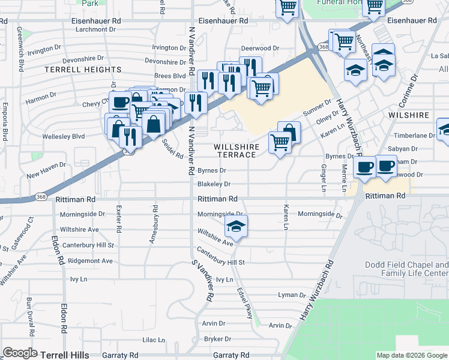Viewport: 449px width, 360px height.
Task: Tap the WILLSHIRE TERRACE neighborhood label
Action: point(237,151)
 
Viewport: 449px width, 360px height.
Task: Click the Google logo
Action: point(20,353)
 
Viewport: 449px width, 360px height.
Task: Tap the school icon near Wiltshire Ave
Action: point(237,227)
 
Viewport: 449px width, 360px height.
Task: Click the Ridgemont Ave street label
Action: point(90,261)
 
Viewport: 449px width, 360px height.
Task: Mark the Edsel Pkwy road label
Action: point(244,302)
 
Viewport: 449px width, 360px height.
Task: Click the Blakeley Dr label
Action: point(214,184)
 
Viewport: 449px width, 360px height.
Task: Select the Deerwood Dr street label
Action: point(261,48)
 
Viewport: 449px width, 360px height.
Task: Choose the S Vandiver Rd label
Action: point(202,280)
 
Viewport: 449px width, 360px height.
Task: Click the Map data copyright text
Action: point(411,355)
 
